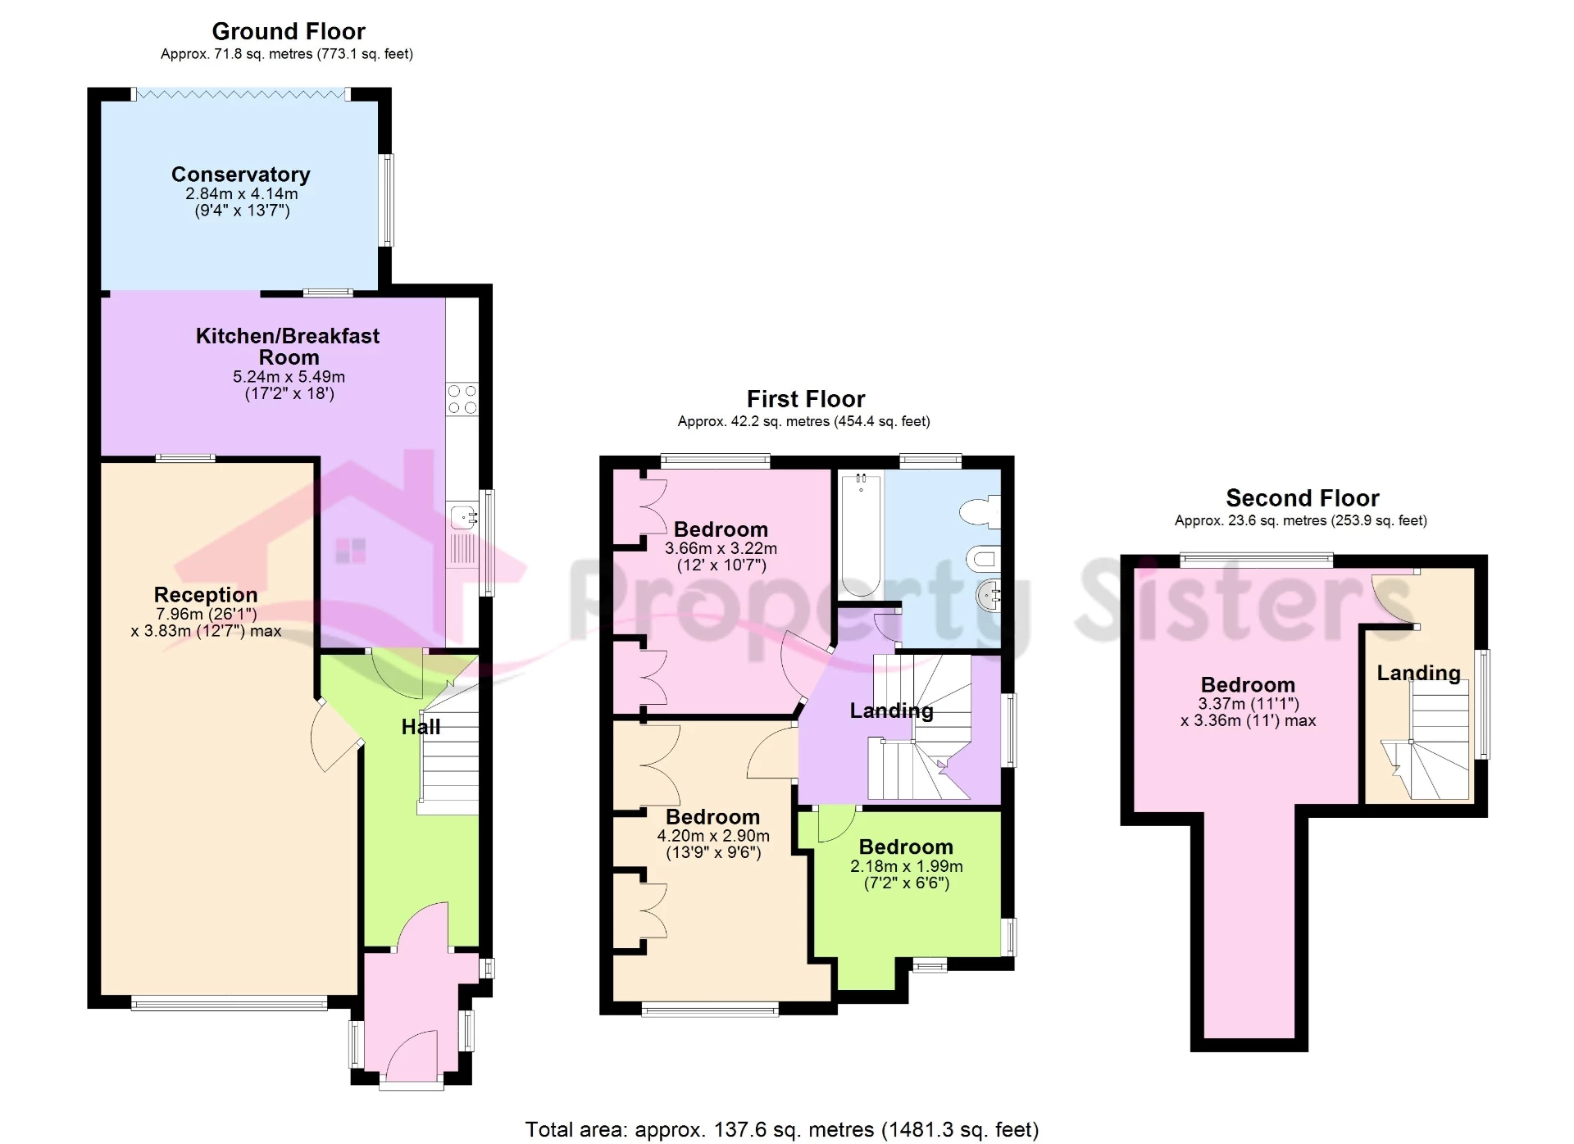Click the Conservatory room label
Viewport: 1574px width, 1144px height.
pyautogui.click(x=240, y=175)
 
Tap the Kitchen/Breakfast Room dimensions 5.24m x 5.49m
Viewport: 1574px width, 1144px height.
pyautogui.click(x=289, y=377)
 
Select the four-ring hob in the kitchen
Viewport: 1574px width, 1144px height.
pyautogui.click(x=462, y=399)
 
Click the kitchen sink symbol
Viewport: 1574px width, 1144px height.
pyautogui.click(x=463, y=517)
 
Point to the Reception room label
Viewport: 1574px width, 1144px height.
pyautogui.click(x=206, y=594)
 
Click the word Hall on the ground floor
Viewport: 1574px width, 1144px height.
pyautogui.click(x=421, y=727)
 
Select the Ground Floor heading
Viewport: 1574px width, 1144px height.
pyautogui.click(x=289, y=31)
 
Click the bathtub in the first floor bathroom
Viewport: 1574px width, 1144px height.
pyautogui.click(x=860, y=533)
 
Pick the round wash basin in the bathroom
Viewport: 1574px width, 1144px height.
pyautogui.click(x=989, y=595)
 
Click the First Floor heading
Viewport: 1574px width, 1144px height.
pyautogui.click(x=805, y=399)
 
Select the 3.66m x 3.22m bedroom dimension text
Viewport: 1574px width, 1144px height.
pyautogui.click(x=721, y=548)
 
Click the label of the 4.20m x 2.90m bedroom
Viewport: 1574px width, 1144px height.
pyautogui.click(x=712, y=817)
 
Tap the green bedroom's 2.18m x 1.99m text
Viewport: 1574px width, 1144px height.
pyautogui.click(x=906, y=866)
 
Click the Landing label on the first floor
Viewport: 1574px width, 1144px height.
pyautogui.click(x=891, y=710)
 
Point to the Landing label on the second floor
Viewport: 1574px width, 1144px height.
pyautogui.click(x=1418, y=673)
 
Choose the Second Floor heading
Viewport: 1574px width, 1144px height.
pyautogui.click(x=1302, y=498)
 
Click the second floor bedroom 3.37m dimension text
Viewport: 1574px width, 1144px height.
pyautogui.click(x=1248, y=704)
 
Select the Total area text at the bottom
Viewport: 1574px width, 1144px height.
pyautogui.click(x=781, y=1129)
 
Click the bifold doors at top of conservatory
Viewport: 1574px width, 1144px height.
pyautogui.click(x=241, y=94)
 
